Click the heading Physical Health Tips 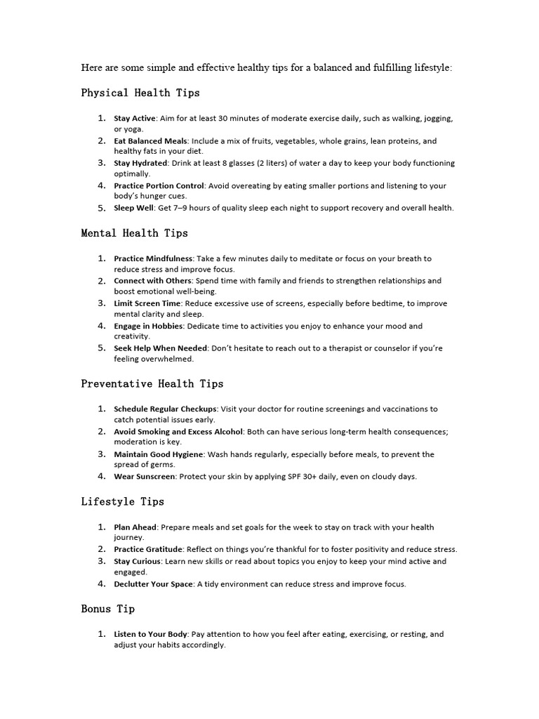pos(140,93)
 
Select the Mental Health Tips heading pos(135,233)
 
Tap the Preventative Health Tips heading pos(152,383)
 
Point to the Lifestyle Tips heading pos(123,501)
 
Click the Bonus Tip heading pos(108,609)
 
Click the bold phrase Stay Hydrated pos(140,163)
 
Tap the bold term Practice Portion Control pos(159,185)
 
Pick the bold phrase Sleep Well pos(133,208)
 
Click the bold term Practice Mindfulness pos(153,258)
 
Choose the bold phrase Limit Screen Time pos(147,303)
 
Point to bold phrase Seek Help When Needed pos(161,348)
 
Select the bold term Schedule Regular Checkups pos(166,409)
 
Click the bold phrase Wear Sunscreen pos(145,477)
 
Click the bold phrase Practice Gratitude pos(148,549)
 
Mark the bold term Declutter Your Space pos(153,584)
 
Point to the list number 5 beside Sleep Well pos(102,208)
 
